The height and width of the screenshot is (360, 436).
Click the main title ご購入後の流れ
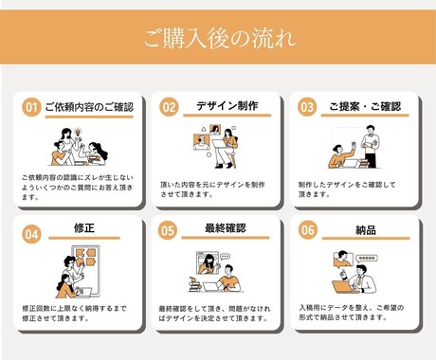pos(218,41)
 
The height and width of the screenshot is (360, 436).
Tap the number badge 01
pos(31,107)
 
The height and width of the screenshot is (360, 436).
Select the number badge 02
pos(169,107)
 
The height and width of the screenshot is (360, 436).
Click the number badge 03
pos(306,107)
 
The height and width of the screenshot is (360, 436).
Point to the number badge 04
pos(31,231)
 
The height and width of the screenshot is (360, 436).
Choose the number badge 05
pos(169,231)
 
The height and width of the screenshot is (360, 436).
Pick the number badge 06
pos(306,231)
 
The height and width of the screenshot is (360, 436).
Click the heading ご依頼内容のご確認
pos(89,107)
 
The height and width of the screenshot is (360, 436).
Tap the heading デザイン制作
pos(227,106)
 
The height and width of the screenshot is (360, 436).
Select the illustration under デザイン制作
pos(218,146)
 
